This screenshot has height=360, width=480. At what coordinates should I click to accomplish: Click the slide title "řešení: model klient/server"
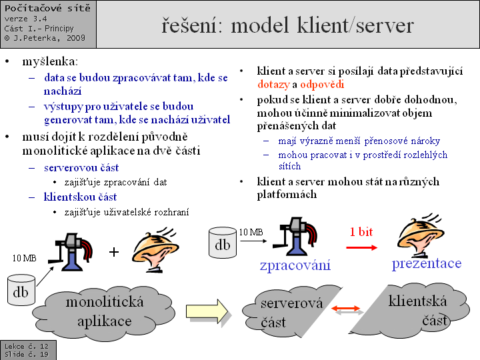(x=287, y=25)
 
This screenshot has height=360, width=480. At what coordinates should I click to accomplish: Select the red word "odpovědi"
(x=322, y=85)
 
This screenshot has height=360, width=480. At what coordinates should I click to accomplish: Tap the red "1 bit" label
(x=362, y=231)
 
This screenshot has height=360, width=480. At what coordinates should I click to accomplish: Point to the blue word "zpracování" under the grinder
(x=295, y=265)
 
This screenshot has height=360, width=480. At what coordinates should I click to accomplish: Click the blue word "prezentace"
(x=426, y=263)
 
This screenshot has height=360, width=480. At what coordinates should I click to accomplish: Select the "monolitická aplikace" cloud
(x=105, y=311)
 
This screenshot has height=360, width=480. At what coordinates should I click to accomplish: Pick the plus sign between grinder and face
(x=113, y=252)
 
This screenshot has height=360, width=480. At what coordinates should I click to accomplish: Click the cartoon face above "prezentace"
(x=421, y=234)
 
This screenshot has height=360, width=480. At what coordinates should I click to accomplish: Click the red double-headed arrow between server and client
(x=347, y=307)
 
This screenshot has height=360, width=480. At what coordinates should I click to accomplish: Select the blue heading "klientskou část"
(x=80, y=197)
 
